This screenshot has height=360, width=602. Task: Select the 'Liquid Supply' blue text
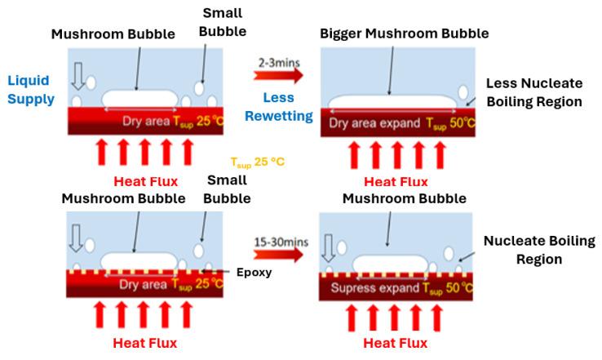point(31,90)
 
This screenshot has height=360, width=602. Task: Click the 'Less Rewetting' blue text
point(280,107)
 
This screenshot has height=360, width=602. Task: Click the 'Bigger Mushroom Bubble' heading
point(404,33)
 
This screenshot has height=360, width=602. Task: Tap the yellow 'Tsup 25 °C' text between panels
point(259,162)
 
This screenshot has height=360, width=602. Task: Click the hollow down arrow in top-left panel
point(77,75)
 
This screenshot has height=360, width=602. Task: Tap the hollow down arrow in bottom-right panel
point(329,246)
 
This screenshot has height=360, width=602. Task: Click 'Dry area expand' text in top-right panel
point(374,123)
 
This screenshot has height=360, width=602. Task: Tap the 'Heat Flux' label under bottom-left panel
point(144,343)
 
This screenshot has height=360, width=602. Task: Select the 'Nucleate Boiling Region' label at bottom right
point(533,250)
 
